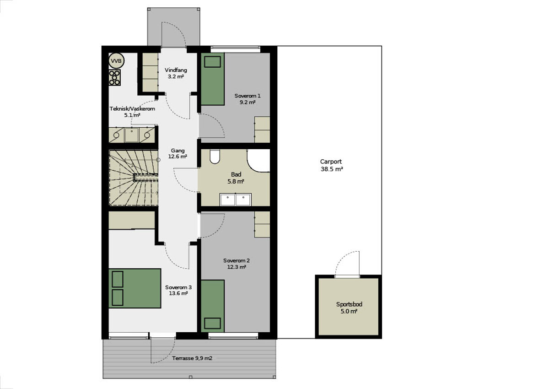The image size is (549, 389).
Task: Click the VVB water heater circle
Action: click(x=116, y=60)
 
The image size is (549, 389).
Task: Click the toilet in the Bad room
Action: click(x=215, y=156)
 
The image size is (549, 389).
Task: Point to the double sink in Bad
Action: click(x=236, y=200)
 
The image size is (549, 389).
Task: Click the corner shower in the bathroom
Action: click(x=258, y=160)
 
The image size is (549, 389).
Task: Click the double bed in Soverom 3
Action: click(x=135, y=288)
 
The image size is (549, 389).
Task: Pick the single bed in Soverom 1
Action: click(x=213, y=79)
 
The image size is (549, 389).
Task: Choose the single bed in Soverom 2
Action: click(x=213, y=306)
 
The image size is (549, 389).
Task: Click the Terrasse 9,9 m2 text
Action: click(x=192, y=358)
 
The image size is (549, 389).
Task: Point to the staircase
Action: click(x=134, y=178)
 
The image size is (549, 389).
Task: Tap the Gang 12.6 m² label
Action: click(x=178, y=153)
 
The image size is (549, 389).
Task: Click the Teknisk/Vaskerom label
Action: click(x=132, y=109)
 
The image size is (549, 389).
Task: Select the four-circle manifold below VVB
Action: click(x=114, y=77)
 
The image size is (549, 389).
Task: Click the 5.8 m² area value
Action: click(x=236, y=181)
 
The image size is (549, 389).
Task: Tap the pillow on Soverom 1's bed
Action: click(x=212, y=62)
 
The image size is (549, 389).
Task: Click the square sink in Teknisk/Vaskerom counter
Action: click(x=132, y=135)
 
